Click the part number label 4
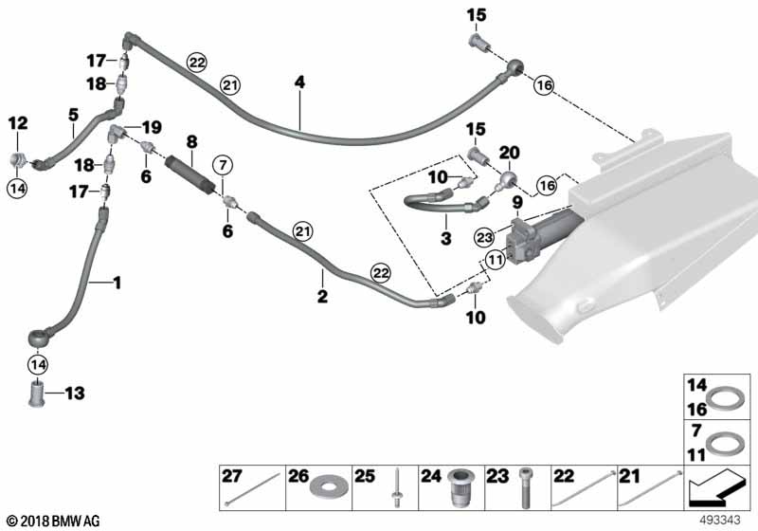click(299, 82)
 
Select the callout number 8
click(191, 143)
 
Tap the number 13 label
click(75, 393)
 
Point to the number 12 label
click(19, 122)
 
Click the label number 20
click(510, 153)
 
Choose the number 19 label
click(153, 127)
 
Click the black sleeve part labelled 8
click(190, 174)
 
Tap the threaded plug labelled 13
click(37, 391)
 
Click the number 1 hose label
click(117, 282)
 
